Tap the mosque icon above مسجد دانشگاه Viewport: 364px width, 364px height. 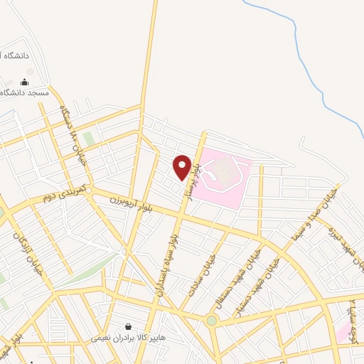click(26, 82)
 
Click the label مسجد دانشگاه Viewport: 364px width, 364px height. click(26, 93)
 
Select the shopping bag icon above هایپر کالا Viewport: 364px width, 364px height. click(127, 326)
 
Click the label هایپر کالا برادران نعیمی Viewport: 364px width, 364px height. click(128, 338)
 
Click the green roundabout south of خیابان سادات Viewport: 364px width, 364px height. click(211, 321)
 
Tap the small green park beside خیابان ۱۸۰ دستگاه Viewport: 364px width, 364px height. click(88, 138)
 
